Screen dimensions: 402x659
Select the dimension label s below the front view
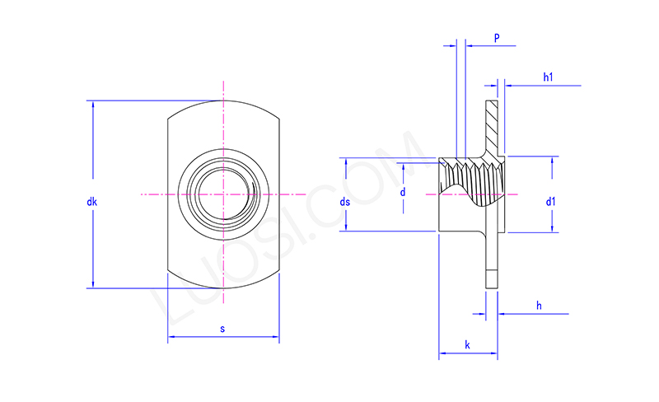(222, 329)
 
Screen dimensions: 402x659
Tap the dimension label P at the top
(497, 38)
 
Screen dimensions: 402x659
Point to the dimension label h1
(548, 77)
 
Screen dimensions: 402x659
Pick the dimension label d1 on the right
(550, 200)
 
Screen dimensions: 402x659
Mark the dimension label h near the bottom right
(539, 306)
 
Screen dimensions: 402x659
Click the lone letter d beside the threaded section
(402, 192)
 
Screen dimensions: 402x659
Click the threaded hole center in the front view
(222, 194)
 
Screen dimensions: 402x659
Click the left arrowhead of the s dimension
(172, 337)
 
